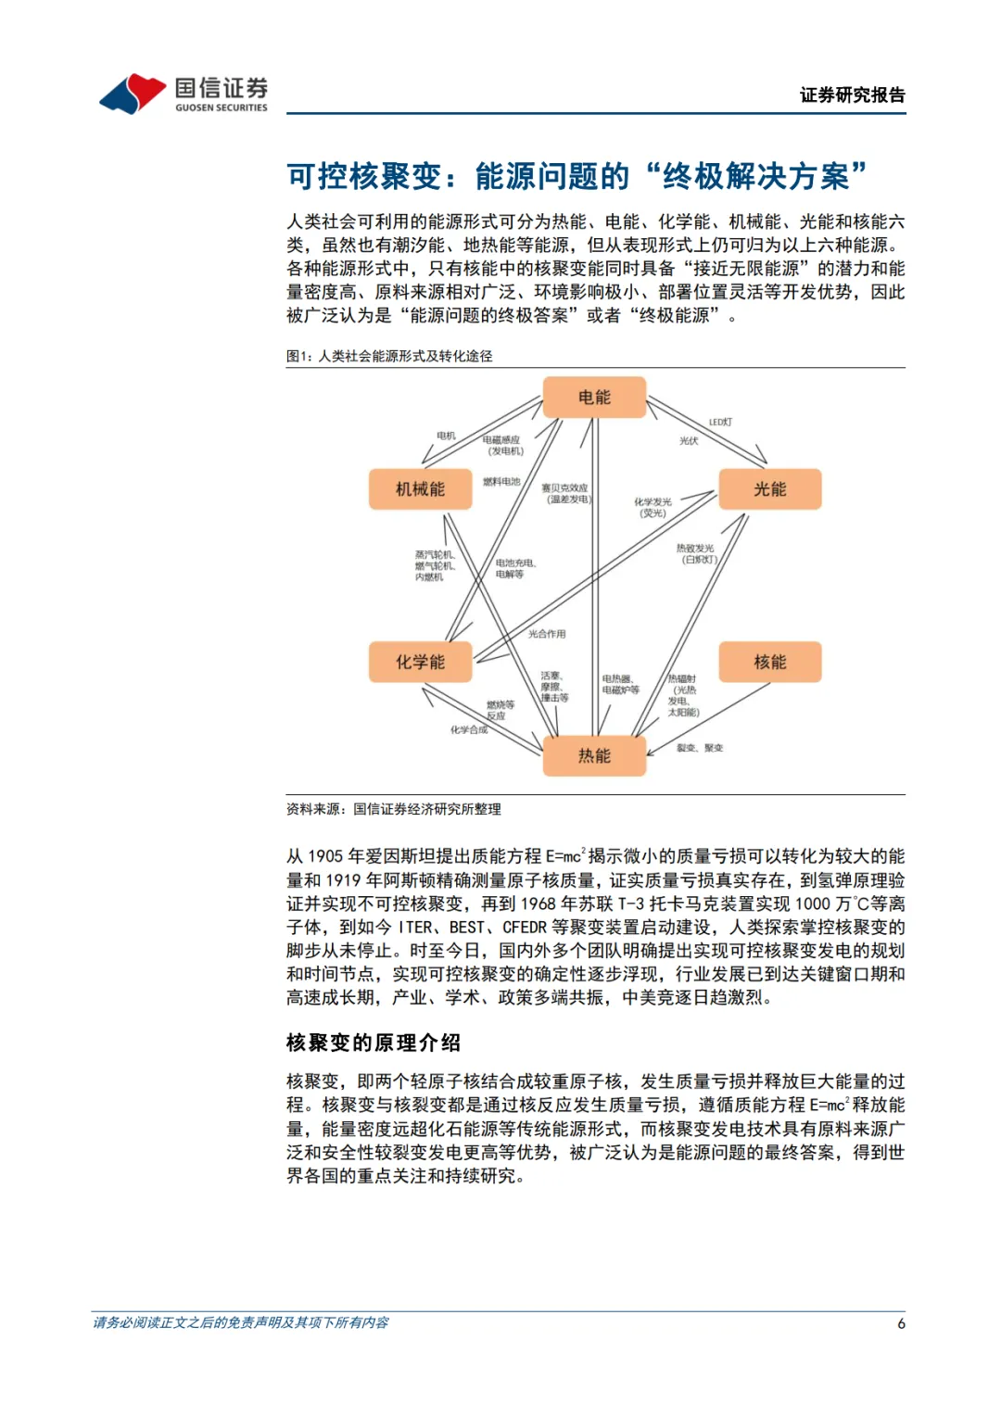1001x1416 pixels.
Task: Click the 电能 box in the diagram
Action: pos(594,397)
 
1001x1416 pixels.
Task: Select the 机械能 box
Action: pos(420,488)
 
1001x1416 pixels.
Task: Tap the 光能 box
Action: pos(769,488)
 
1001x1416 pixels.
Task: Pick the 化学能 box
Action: pos(420,662)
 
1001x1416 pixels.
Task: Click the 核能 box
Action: pos(769,662)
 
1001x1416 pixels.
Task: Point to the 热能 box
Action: pos(594,755)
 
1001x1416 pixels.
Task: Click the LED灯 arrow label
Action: pos(720,422)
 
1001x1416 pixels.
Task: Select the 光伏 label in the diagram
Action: pos(689,441)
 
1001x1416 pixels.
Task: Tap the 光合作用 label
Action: pos(547,634)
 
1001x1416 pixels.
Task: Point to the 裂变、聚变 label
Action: pos(700,748)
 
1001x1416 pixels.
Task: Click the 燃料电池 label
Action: pos(501,482)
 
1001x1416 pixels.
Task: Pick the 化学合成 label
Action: pos(469,730)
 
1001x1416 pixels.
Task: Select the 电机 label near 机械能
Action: pos(446,436)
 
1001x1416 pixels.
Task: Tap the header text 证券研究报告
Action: pos(852,95)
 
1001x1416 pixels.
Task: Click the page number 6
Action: pos(901,1323)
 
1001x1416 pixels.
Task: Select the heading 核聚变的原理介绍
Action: pos(373,1043)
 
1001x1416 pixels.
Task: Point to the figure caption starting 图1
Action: pos(389,356)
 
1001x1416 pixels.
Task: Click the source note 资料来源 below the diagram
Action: pos(393,809)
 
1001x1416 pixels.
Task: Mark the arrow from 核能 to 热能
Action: pos(709,719)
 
